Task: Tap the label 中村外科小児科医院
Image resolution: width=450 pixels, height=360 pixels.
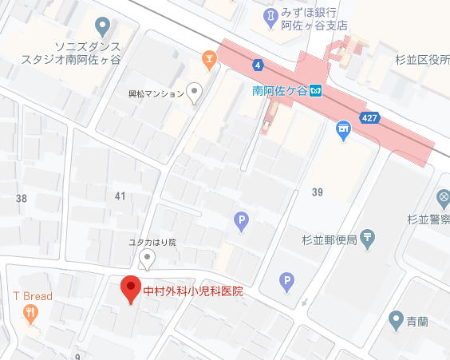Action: pyautogui.click(x=192, y=291)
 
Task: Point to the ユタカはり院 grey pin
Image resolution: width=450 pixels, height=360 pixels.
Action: pyautogui.click(x=146, y=256)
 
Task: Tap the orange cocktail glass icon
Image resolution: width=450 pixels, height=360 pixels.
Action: pyautogui.click(x=207, y=57)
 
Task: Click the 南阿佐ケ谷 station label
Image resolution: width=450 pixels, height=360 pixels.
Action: pyautogui.click(x=279, y=90)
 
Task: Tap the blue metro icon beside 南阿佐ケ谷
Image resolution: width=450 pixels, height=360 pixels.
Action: pyautogui.click(x=316, y=90)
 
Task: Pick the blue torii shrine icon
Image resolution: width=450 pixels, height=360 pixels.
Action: pyautogui.click(x=344, y=129)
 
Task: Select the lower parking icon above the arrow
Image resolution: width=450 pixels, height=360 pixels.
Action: pyautogui.click(x=286, y=281)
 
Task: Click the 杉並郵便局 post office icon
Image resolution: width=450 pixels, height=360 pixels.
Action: pyautogui.click(x=367, y=236)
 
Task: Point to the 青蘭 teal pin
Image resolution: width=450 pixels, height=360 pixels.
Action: pyautogui.click(x=395, y=320)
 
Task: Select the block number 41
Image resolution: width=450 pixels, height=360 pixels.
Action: pyautogui.click(x=120, y=196)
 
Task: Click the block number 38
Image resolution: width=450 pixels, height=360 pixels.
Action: pyautogui.click(x=21, y=198)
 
